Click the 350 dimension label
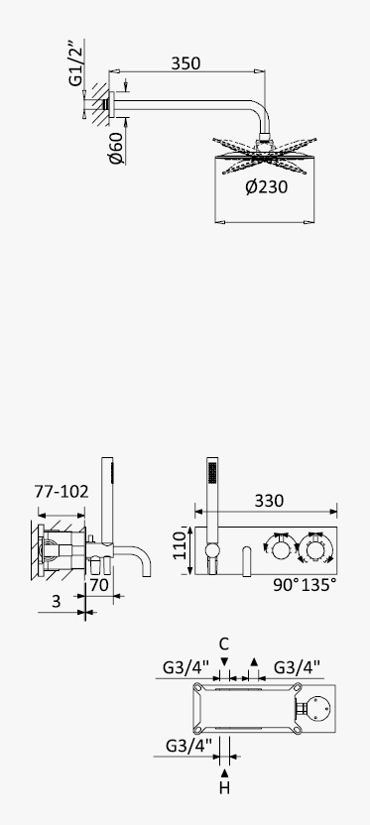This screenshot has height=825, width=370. pos(185,63)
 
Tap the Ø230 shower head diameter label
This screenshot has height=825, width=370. pos(266,186)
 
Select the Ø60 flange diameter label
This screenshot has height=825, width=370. pos(116,149)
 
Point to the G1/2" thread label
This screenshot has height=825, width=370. pos(76,62)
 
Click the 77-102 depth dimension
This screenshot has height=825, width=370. pos(62,492)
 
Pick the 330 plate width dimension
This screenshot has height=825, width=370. pos(269,501)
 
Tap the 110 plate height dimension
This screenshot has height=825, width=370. pos(181,545)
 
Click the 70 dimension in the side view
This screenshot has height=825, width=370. pos(99,584)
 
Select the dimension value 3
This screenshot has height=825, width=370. pos(57,602)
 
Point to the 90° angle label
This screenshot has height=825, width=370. pos(286,585)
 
